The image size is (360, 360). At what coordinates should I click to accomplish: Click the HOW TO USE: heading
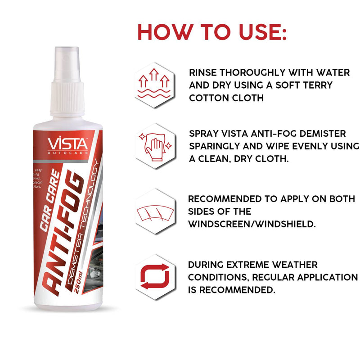(212, 32)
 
